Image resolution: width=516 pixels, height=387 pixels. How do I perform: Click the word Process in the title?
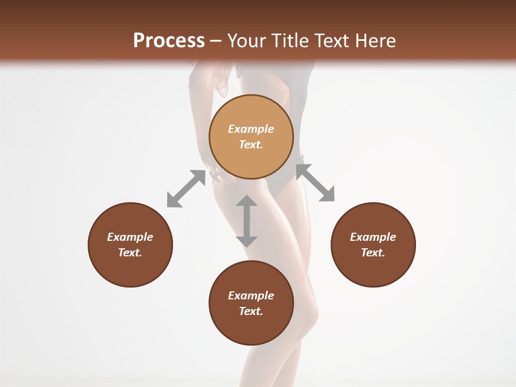169,41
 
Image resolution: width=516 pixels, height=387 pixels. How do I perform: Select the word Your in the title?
247,41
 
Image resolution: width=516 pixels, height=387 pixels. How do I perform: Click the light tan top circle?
251,137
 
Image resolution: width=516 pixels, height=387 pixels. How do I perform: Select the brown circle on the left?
130,245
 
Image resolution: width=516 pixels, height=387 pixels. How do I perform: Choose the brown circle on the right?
373,245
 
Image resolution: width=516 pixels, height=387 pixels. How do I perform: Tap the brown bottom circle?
251,303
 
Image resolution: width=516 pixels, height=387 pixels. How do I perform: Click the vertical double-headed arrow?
247,221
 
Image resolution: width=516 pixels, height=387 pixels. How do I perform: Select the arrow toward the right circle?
315,183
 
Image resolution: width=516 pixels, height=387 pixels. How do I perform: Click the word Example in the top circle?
251,129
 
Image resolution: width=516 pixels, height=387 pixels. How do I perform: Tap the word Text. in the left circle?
130,253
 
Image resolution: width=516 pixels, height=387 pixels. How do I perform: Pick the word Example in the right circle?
373,237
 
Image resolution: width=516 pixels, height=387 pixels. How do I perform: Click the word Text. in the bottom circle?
251,311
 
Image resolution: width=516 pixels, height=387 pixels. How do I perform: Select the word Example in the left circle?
130,237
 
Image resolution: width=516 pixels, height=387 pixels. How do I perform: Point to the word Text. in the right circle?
373,253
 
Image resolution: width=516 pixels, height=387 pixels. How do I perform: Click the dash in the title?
216,41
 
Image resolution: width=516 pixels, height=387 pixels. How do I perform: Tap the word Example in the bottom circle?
251,296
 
